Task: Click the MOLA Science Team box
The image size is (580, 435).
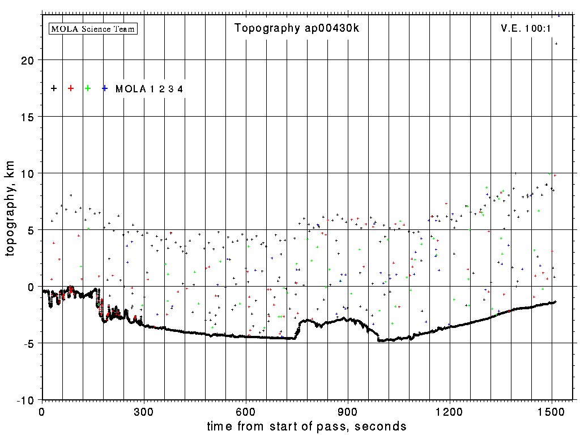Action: [93, 28]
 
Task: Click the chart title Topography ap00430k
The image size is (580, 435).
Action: [296, 28]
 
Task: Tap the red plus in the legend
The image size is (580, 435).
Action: [71, 88]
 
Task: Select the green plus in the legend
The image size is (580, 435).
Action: [88, 88]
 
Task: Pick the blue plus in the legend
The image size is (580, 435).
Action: [105, 88]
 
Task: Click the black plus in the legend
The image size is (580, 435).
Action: [54, 88]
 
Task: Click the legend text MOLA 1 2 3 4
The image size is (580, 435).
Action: [149, 89]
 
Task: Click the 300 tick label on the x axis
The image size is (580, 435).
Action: [144, 411]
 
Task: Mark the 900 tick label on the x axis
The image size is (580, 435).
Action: [348, 411]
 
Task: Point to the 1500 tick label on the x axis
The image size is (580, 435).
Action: [552, 411]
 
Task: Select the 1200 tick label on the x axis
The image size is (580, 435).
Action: [450, 411]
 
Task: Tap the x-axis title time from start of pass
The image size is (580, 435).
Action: [306, 426]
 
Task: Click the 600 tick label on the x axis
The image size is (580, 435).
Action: [246, 411]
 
